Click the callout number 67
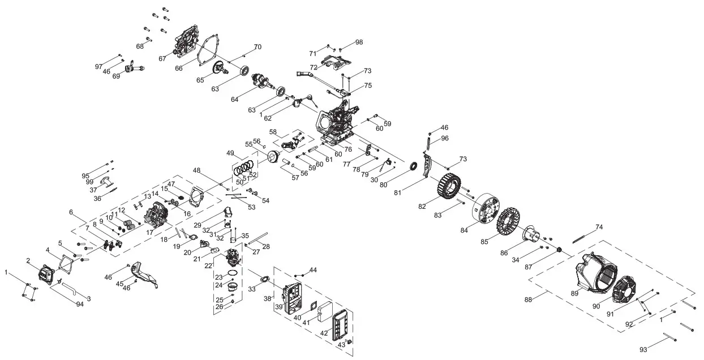[x=162, y=58]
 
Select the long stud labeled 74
[x=585, y=234]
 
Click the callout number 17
[x=149, y=233]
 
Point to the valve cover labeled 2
[x=46, y=275]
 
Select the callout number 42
[x=324, y=333]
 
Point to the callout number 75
[x=368, y=86]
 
